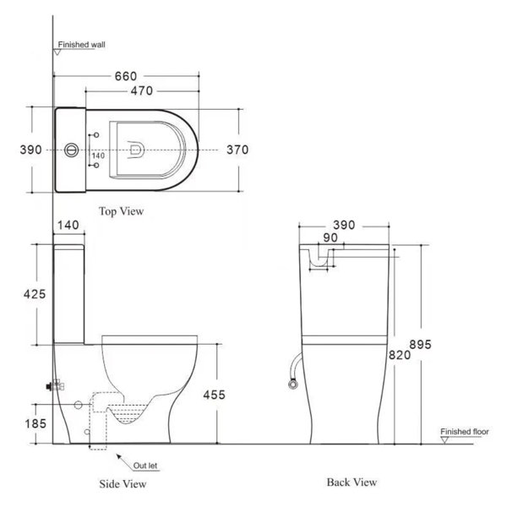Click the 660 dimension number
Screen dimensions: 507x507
coord(126,76)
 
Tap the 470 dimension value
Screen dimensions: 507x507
coord(142,91)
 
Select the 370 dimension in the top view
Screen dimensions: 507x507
coord(237,150)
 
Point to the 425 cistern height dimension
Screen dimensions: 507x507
coord(35,294)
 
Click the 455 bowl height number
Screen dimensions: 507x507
coord(214,395)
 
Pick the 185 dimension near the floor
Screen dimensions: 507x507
coord(35,423)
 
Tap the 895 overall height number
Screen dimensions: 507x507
coord(420,345)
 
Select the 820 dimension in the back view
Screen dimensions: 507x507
coord(400,355)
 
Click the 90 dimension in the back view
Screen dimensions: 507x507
coord(330,237)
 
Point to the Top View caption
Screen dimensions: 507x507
coord(121,211)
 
